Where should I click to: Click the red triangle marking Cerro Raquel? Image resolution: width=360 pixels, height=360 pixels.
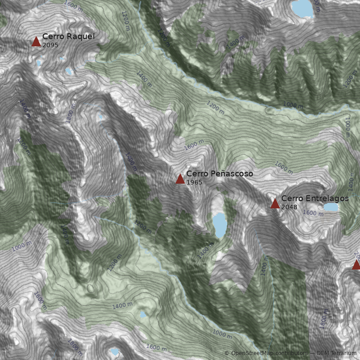coord(36,42)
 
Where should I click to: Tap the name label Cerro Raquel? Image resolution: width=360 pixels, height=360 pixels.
coord(68,36)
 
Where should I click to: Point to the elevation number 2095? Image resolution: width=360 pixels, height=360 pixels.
coord(50,45)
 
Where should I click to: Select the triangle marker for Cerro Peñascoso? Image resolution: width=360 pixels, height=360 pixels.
coord(180,179)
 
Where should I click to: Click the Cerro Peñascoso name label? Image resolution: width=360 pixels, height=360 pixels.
coord(220,174)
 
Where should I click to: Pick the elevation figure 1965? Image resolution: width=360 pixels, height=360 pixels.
coord(194,182)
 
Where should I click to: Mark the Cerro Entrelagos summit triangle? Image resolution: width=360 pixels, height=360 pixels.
coord(275,204)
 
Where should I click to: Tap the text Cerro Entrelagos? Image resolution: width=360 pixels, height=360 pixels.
coord(315,198)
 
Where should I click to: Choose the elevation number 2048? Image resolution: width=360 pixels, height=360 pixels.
coord(289,207)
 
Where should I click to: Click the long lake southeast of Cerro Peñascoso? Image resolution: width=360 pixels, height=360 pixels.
coord(220,225)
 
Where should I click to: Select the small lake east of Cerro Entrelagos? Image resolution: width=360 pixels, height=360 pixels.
coord(331,207)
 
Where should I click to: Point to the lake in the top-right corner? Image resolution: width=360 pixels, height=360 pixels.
coord(302,8)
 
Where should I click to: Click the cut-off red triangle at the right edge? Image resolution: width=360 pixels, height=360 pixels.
coord(356,265)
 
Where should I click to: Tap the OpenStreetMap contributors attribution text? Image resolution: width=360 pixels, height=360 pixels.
coord(269,354)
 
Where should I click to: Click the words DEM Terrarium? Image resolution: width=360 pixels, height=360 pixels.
coord(337,354)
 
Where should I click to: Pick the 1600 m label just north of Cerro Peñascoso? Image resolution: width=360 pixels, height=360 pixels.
coord(194,145)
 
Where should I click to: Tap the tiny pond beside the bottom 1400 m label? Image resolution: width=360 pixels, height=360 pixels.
coord(143,314)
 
